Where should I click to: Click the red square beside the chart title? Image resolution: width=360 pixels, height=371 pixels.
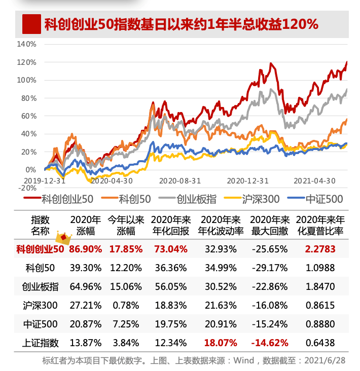coord(31,24)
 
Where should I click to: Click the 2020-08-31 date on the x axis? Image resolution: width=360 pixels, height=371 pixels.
coord(179,180)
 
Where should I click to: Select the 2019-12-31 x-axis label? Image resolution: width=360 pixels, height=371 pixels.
coord(44,180)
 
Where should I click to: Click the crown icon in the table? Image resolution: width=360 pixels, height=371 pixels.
coord(63,237)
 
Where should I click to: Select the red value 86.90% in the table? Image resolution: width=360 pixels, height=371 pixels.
coord(86,249)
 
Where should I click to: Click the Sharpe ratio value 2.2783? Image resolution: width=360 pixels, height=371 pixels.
coord(319,249)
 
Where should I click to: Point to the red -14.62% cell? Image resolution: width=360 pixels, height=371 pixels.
coord(269,343)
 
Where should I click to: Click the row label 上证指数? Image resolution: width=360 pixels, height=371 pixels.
coord(40,343)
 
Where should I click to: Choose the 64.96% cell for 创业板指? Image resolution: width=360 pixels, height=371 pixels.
coord(86,286)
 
